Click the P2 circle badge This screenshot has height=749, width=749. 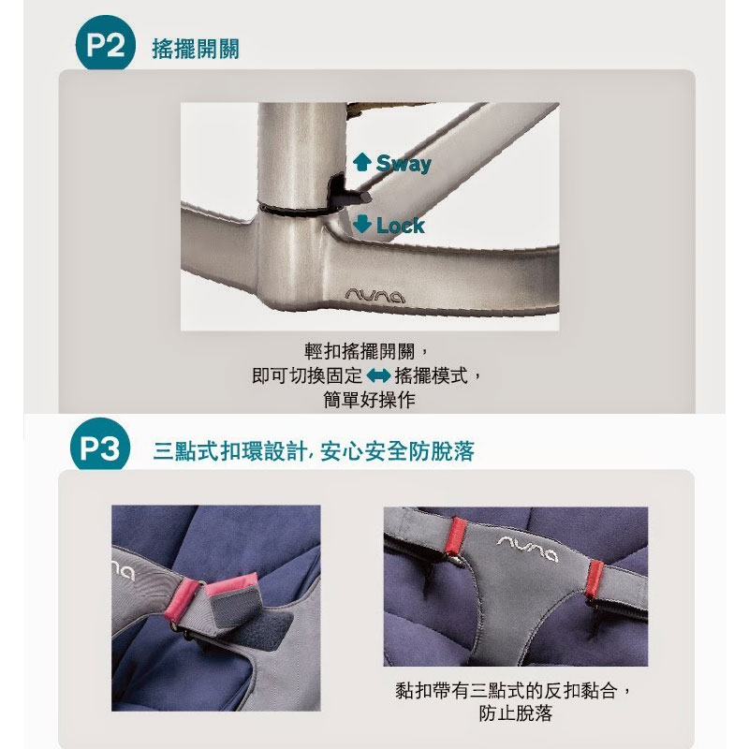tap(105, 44)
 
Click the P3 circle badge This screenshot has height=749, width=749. tap(100, 447)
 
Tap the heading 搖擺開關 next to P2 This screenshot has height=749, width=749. tap(196, 49)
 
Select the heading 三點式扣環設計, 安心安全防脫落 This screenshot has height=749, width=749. tap(314, 451)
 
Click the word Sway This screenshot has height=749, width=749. tap(404, 163)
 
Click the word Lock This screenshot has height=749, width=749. tap(401, 226)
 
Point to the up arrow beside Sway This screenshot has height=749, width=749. tap(362, 162)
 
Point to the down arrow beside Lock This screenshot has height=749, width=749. tap(362, 224)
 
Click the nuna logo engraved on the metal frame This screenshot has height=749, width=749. tap(375, 297)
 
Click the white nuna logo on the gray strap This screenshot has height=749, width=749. tap(527, 548)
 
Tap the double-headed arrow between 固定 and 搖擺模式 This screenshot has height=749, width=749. tap(378, 376)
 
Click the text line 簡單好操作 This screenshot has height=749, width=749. tap(369, 400)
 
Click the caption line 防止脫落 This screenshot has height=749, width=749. tap(516, 713)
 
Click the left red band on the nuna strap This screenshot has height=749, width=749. tap(456, 536)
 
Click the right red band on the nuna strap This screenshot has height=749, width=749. tap(595, 580)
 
